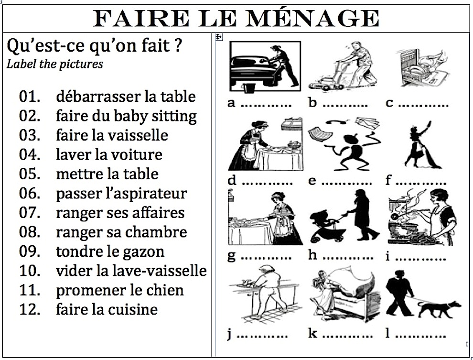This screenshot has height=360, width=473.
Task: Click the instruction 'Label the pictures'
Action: [x=54, y=64]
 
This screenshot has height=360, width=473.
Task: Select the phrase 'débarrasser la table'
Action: [x=126, y=97]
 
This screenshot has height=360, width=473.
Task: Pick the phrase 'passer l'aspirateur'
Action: [x=121, y=194]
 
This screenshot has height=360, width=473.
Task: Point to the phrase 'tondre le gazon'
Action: [x=110, y=251]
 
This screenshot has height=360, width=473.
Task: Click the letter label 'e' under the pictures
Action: [x=312, y=181]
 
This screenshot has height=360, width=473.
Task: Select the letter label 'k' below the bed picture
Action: [x=312, y=333]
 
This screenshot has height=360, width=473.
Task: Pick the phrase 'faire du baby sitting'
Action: [x=126, y=116]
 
